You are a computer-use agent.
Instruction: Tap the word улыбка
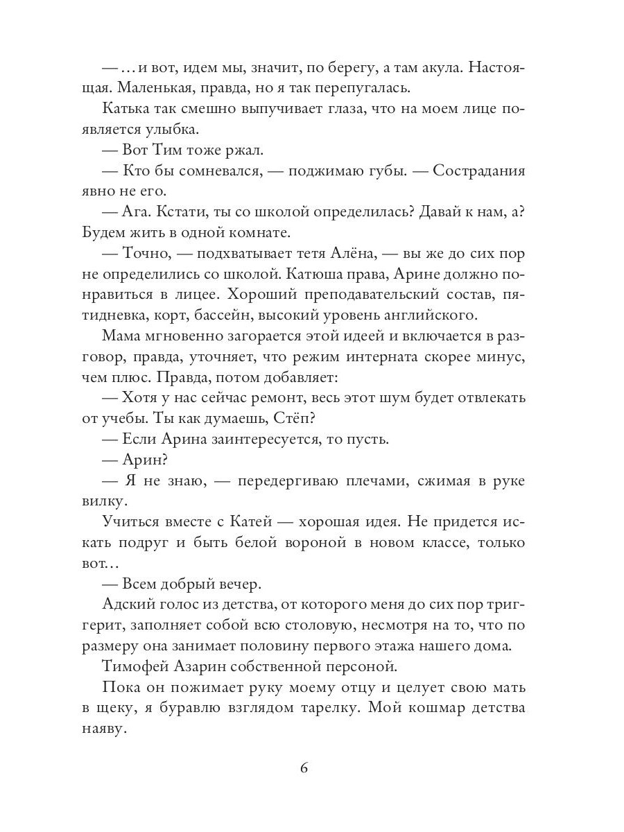tap(171, 130)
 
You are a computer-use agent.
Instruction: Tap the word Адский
tap(126, 605)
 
